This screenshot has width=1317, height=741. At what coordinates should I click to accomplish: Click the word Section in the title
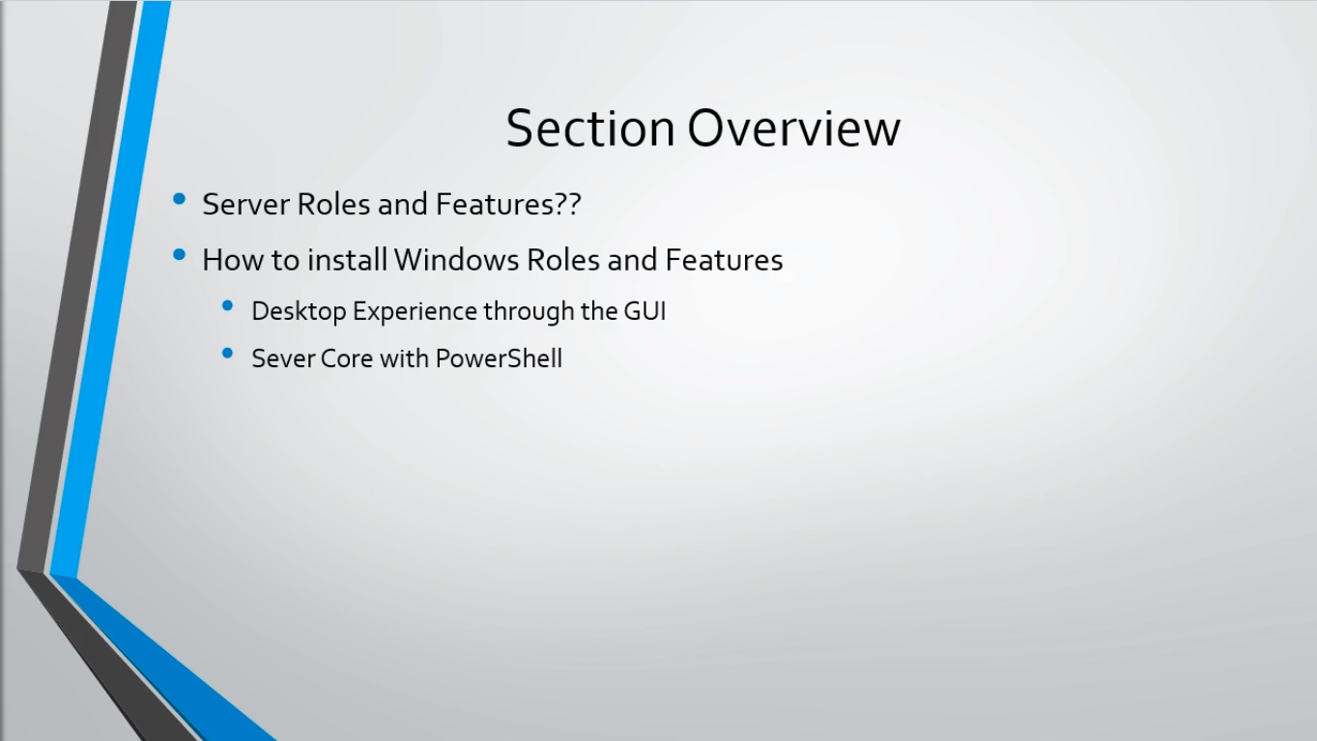click(x=589, y=128)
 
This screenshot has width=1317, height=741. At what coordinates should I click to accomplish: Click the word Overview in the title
click(x=793, y=128)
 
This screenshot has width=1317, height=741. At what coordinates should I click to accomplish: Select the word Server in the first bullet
click(x=245, y=205)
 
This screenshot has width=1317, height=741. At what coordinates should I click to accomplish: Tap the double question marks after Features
click(x=568, y=205)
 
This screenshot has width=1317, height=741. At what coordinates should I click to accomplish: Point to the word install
click(x=347, y=260)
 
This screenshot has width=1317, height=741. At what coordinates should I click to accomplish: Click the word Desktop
click(x=300, y=312)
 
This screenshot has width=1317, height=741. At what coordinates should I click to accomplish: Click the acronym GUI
click(x=644, y=311)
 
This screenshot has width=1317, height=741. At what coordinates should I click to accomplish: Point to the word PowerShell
click(x=499, y=358)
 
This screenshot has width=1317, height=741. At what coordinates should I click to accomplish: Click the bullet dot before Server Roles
click(x=180, y=199)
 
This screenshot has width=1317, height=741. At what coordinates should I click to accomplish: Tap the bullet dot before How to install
click(x=180, y=255)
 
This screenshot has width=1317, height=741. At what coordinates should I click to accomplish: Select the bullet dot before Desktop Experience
click(x=227, y=305)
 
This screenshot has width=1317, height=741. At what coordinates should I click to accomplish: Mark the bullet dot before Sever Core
click(x=227, y=354)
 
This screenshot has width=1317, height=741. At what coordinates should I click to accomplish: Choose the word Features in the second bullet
click(x=725, y=260)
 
